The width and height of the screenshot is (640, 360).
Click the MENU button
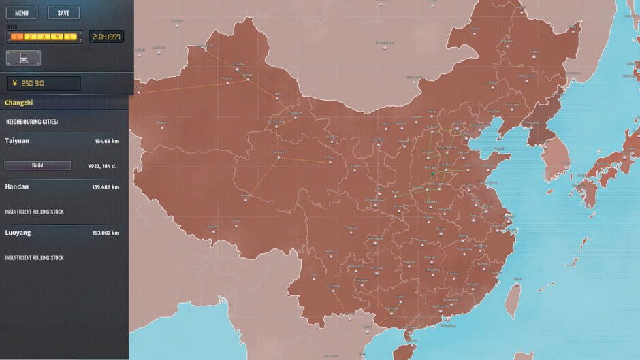click(21, 13)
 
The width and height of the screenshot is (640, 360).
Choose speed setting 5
click(70, 37)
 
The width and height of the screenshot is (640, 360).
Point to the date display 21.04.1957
click(106, 37)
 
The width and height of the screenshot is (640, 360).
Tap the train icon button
click(24, 59)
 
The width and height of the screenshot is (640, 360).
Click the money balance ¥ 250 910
click(44, 83)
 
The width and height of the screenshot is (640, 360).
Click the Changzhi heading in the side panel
click(19, 103)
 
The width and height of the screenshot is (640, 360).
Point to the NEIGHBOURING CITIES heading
click(32, 122)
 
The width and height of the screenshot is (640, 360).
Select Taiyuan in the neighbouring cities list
click(17, 140)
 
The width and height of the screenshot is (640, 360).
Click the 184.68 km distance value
click(107, 141)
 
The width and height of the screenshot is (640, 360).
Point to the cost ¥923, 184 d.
click(103, 165)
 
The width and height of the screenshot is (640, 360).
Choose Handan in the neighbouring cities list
click(17, 186)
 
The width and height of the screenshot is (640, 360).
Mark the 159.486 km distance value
click(106, 187)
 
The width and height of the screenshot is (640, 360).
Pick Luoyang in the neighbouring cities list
click(18, 233)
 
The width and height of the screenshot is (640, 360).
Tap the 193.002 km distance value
click(106, 233)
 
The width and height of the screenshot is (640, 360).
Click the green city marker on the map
click(432, 175)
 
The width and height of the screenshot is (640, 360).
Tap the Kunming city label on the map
click(334, 286)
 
